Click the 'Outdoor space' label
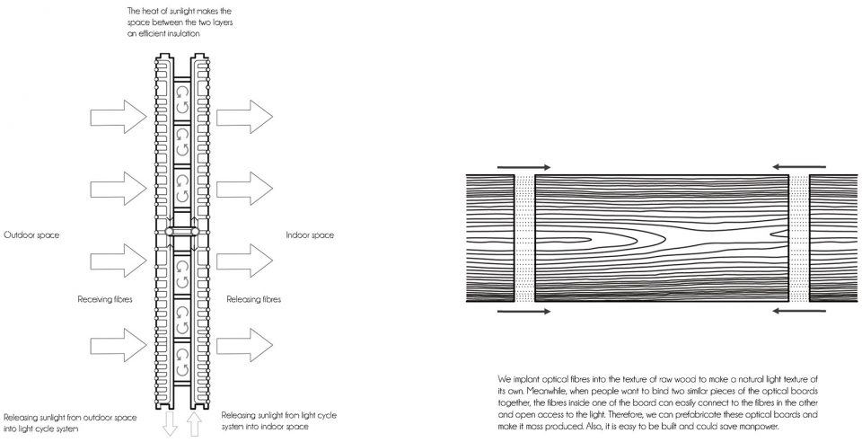tap(31, 235)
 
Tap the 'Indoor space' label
tap(310, 235)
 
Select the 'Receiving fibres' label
tap(105, 300)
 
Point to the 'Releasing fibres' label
tap(254, 300)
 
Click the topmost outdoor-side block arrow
tap(119, 117)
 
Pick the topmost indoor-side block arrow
tap(244, 117)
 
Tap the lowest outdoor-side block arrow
tap(119, 345)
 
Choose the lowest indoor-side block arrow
tap(244, 345)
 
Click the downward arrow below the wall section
tap(171, 424)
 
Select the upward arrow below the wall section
tap(194, 424)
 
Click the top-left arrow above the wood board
tap(523, 167)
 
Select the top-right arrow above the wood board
tap(799, 167)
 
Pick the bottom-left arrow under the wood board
tap(523, 311)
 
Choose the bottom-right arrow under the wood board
tap(799, 311)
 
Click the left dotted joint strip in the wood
tap(524, 238)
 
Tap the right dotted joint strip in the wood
tap(799, 238)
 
